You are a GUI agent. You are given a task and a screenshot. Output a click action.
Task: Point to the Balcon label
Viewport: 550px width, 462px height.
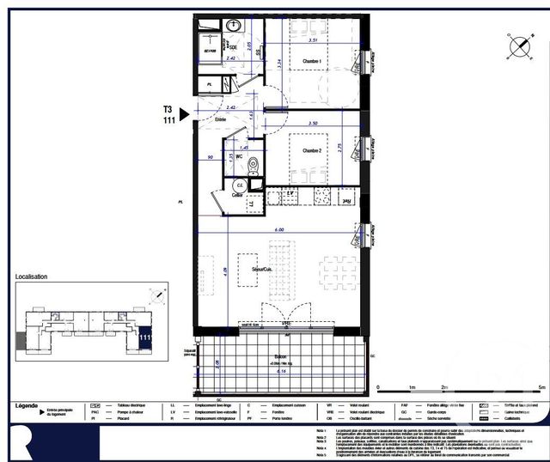[281, 356]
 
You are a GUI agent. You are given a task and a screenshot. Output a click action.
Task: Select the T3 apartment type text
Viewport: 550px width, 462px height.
[168, 109]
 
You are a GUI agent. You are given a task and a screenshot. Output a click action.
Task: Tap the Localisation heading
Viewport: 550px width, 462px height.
[32, 277]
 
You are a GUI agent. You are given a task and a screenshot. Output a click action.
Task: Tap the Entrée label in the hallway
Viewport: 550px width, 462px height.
[220, 119]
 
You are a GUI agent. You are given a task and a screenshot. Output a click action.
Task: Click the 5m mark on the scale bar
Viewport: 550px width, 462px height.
[541, 387]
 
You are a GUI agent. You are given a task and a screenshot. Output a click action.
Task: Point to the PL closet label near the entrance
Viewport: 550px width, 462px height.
[211, 84]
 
